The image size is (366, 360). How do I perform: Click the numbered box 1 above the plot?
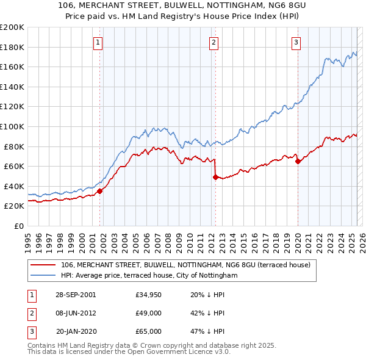click(98, 42)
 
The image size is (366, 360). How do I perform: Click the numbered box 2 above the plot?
click(214, 42)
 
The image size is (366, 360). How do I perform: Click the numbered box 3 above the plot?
click(296, 42)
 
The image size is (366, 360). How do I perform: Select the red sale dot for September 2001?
click(99, 191)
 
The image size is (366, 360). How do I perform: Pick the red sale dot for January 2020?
click(298, 161)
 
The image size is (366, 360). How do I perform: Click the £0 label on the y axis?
click(18, 226)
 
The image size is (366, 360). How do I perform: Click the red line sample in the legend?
click(43, 265)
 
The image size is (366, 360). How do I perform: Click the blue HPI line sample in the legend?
click(43, 276)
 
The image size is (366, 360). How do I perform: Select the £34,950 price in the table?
click(149, 294)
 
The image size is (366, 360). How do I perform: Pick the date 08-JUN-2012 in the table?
click(76, 312)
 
